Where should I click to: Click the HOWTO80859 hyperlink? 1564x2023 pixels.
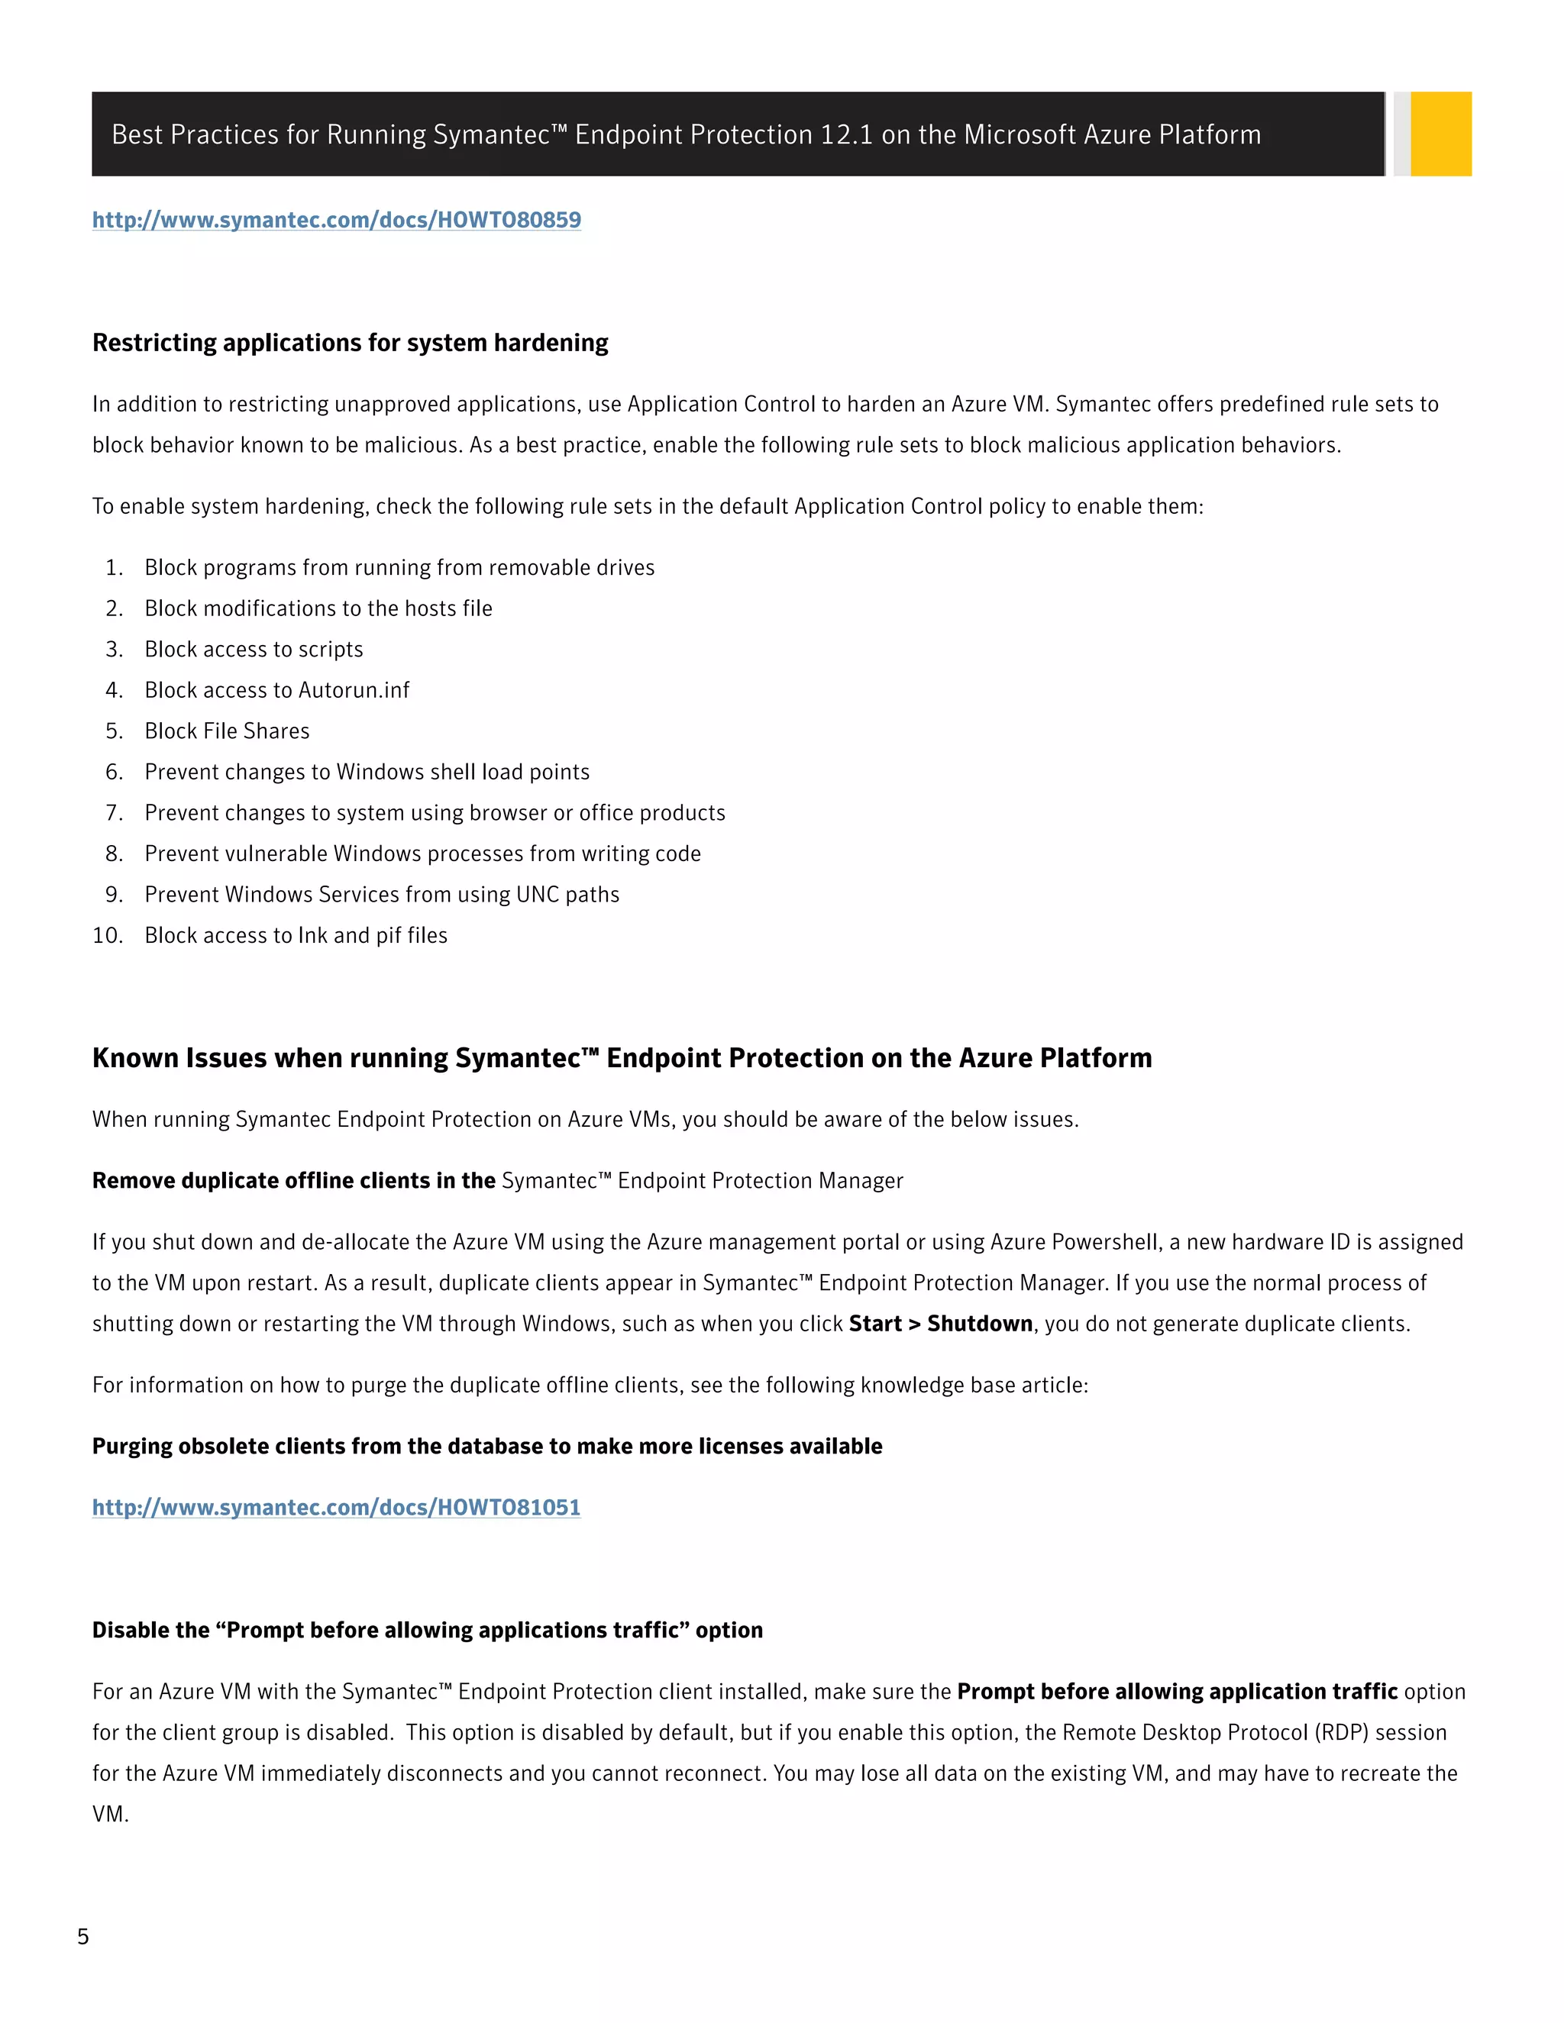pyautogui.click(x=336, y=221)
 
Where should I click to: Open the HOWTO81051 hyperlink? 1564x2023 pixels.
pyautogui.click(x=336, y=1508)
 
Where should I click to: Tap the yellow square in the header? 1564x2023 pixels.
pyautogui.click(x=1441, y=134)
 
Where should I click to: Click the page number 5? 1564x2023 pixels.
pyautogui.click(x=83, y=1937)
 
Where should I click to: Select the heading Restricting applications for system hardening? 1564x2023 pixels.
pyautogui.click(x=351, y=344)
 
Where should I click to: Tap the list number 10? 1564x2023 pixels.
pyautogui.click(x=108, y=936)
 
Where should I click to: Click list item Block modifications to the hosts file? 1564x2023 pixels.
pyautogui.click(x=318, y=608)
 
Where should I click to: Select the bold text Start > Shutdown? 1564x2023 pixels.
pyautogui.click(x=939, y=1324)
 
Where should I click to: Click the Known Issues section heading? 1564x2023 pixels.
pyautogui.click(x=622, y=1059)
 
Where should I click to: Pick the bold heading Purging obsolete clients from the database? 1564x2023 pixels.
pyautogui.click(x=486, y=1447)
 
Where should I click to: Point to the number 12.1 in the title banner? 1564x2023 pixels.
pyautogui.click(x=846, y=135)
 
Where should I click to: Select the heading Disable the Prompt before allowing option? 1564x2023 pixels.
pyautogui.click(x=427, y=1631)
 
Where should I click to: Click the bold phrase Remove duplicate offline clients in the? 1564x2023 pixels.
pyautogui.click(x=294, y=1181)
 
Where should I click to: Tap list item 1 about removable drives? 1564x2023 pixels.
pyautogui.click(x=399, y=568)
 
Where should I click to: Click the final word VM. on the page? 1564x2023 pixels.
pyautogui.click(x=110, y=1815)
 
